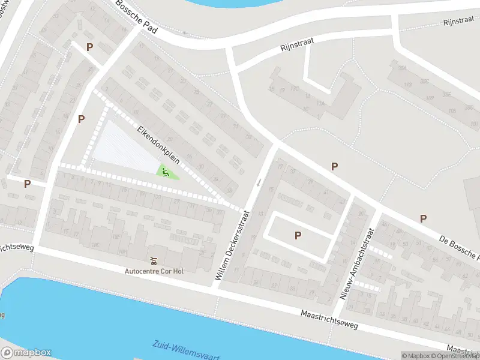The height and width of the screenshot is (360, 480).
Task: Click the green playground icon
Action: pos(166,172)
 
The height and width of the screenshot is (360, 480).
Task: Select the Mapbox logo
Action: pos(26,353)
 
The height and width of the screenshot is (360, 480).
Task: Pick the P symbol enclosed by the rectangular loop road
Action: pos(298,236)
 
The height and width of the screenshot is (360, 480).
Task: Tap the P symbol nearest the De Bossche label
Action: pos(423,219)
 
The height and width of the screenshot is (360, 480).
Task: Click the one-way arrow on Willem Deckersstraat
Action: pos(259,182)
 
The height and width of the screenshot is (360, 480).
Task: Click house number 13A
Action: pos(321,103)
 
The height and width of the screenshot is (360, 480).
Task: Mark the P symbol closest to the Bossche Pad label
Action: pos(90,47)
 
